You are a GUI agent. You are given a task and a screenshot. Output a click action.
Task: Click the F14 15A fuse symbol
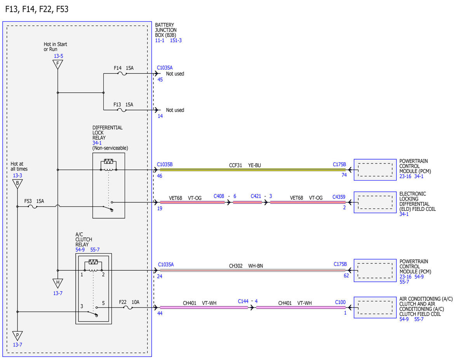(x=122, y=74)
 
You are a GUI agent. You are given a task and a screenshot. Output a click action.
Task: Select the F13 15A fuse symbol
(x=122, y=110)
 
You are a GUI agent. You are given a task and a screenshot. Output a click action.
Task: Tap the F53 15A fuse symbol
(x=33, y=207)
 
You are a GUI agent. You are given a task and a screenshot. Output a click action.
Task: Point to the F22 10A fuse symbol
(x=128, y=308)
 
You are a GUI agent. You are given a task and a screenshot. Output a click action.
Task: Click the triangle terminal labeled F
(x=58, y=64)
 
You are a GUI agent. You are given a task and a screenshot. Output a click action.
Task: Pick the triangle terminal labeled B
(x=17, y=184)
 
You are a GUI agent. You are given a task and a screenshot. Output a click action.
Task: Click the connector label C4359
(x=339, y=197)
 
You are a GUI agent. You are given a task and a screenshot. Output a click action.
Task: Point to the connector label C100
(x=340, y=302)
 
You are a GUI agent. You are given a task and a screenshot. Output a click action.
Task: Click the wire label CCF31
(x=235, y=165)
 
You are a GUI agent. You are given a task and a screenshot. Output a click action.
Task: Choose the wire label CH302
(x=236, y=266)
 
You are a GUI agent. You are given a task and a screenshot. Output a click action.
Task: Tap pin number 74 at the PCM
(x=344, y=175)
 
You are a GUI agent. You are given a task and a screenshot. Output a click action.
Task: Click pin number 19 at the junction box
(x=160, y=209)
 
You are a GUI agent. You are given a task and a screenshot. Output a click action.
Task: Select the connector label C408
(x=219, y=196)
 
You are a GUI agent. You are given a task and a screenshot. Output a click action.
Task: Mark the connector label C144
(x=243, y=301)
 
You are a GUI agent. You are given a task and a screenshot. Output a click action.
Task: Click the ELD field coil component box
(x=375, y=202)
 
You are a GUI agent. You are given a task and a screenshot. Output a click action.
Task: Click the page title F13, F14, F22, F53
(x=37, y=9)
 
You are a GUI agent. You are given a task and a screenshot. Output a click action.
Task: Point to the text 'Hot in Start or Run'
(x=55, y=47)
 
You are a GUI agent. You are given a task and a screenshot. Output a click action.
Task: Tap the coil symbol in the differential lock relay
(x=108, y=170)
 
